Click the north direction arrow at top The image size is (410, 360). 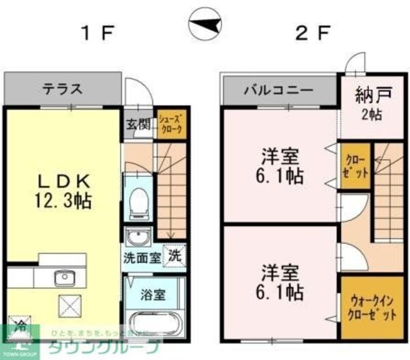pyautogui.click(x=204, y=25)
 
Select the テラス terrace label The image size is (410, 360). pyautogui.click(x=63, y=89)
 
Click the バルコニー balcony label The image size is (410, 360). pyautogui.click(x=279, y=90)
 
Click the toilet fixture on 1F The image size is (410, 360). pyautogui.click(x=139, y=197)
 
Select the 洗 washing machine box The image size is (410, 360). pyautogui.click(x=175, y=257)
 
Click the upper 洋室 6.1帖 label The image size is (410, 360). pyautogui.click(x=281, y=165)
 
